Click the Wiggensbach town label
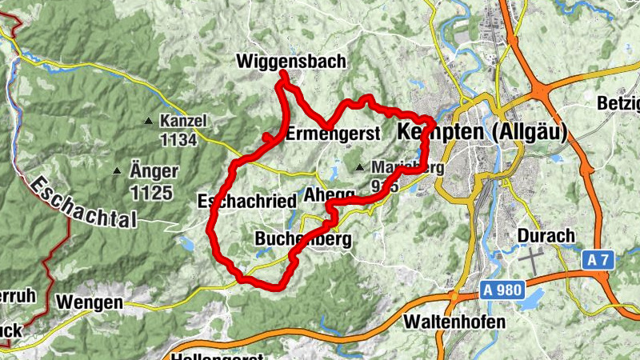click(290, 61)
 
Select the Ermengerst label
click(330, 134)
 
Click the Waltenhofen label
click(455, 322)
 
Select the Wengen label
click(90, 302)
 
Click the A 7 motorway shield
click(597, 260)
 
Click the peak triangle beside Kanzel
click(148, 122)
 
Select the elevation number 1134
click(178, 140)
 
